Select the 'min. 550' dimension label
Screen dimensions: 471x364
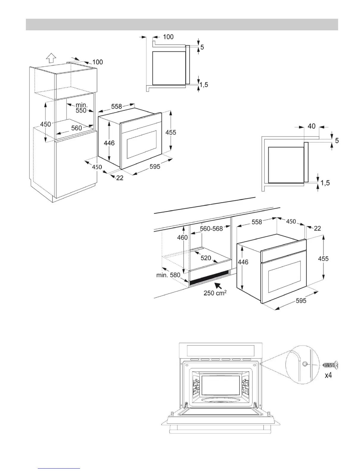(81, 108)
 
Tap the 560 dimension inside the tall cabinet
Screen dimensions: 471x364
(76, 128)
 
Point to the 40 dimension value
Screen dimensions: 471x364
(311, 126)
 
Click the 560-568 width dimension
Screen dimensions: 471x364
(211, 229)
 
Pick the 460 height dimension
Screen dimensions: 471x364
(182, 237)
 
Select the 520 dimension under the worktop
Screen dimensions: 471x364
(206, 258)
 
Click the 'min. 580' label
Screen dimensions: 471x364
(168, 275)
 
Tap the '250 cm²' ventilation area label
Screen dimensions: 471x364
(215, 293)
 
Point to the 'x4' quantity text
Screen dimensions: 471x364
(328, 375)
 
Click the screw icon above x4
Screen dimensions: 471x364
(330, 365)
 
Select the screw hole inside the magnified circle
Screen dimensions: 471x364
(305, 364)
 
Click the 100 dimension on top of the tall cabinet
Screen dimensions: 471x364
(98, 62)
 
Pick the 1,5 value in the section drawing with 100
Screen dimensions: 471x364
(204, 85)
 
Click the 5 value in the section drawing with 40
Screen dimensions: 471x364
(337, 140)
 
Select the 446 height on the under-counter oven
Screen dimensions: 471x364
(243, 262)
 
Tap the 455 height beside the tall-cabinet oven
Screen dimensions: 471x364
(171, 132)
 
